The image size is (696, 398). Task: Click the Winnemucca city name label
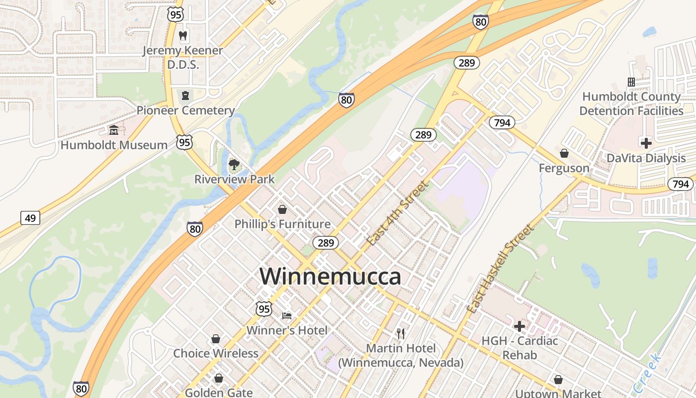point(330,277)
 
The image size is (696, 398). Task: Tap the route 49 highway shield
point(30,218)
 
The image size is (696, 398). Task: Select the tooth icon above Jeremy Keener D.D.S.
point(183,36)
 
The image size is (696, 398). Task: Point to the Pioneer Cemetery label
point(185,110)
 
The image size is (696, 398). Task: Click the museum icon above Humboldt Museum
point(114,130)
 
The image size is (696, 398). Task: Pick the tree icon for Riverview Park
point(234,165)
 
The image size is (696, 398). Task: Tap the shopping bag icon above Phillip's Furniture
point(282,209)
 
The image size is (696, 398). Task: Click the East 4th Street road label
point(397,213)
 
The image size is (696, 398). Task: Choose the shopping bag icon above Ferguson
point(564,153)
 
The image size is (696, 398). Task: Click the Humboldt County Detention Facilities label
point(631,103)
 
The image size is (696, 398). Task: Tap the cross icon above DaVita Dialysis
point(646,143)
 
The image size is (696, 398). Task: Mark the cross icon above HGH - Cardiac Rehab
point(520,326)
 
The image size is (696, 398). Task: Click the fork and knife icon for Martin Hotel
point(401,333)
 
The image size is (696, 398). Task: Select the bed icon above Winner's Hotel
point(287,315)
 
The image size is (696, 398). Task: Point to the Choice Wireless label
point(216,353)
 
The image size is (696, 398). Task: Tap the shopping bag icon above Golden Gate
point(218,378)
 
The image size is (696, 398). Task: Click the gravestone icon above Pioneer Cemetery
point(185,95)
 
